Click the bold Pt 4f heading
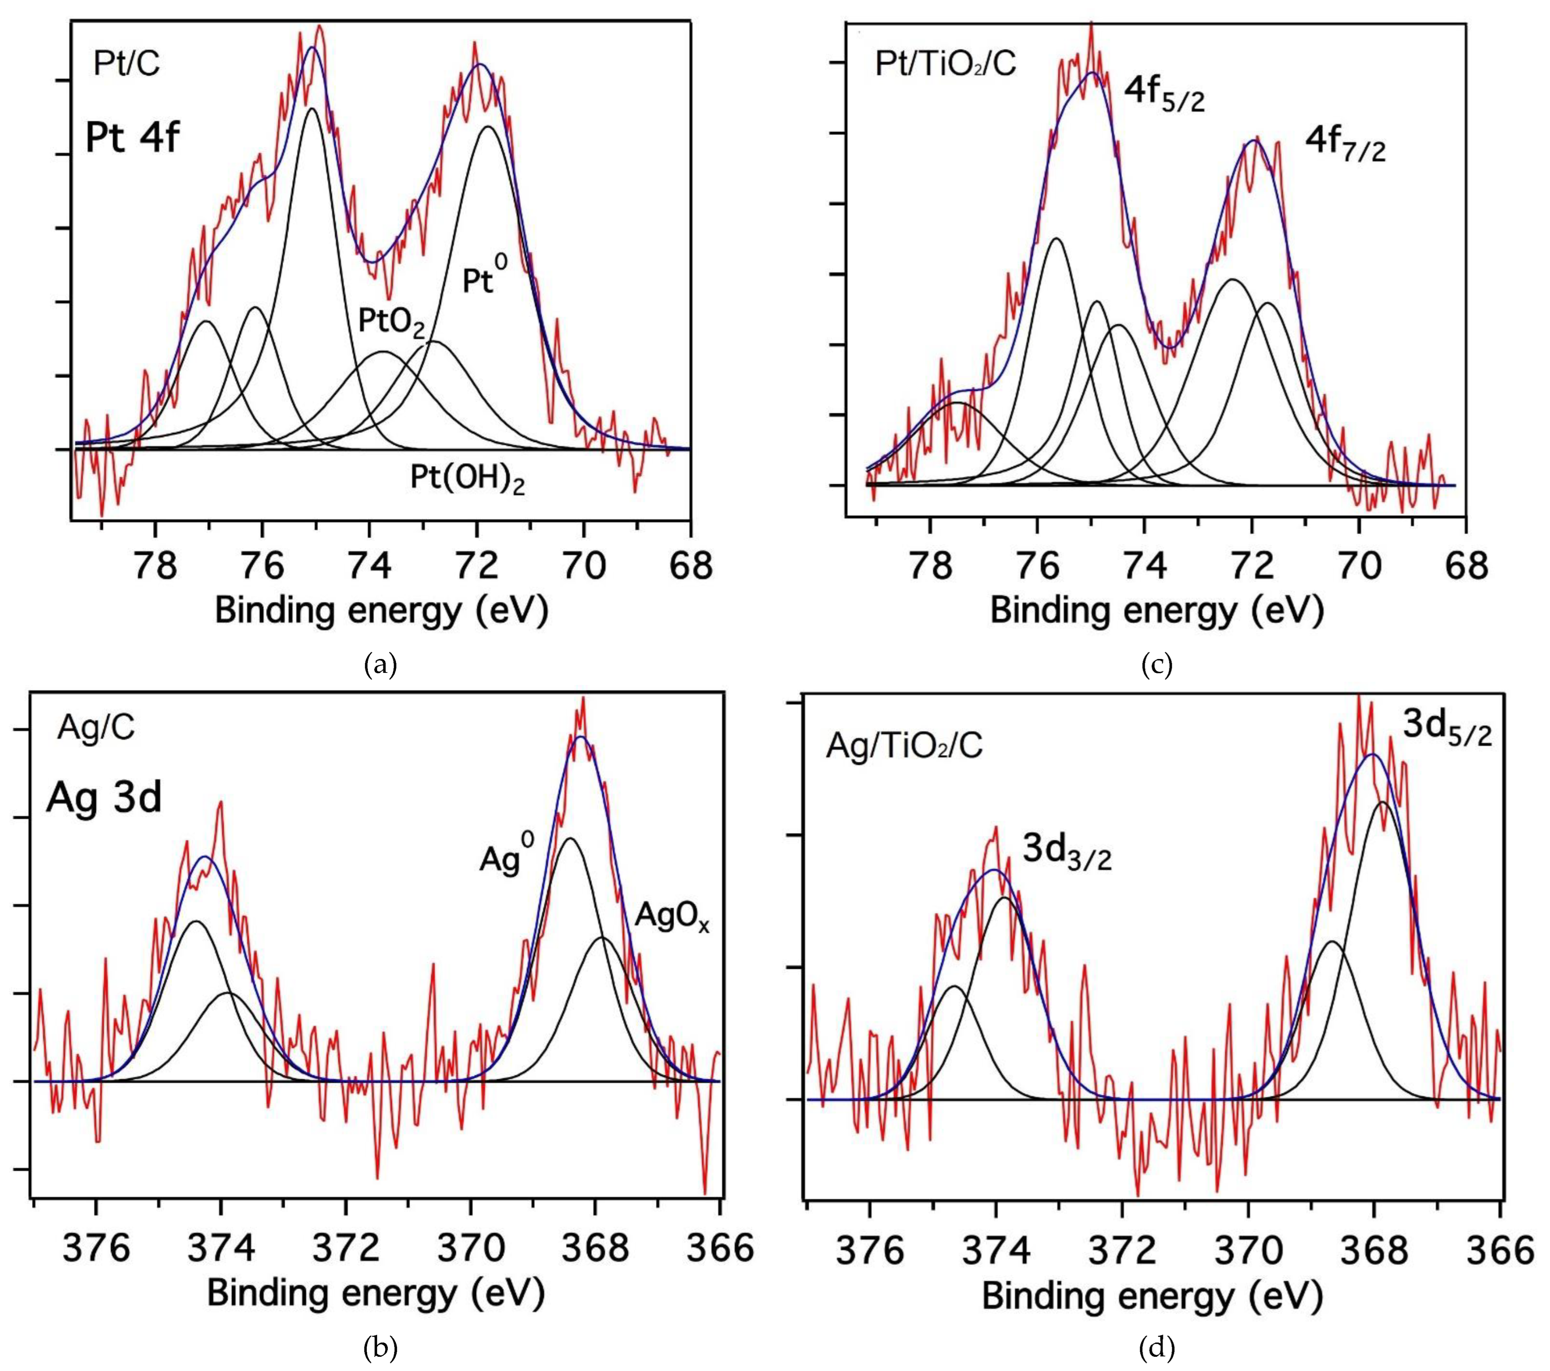[132, 139]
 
